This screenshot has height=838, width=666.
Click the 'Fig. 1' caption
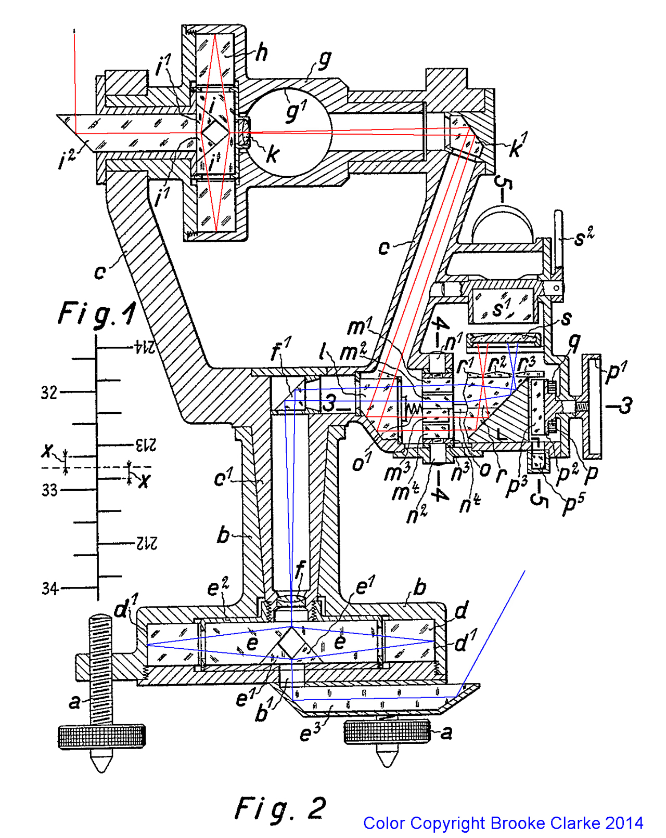point(96,313)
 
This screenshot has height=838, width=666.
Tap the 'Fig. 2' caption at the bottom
point(281,808)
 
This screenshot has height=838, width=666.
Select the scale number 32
point(49,392)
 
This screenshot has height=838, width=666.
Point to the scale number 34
point(50,588)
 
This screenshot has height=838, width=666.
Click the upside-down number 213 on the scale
point(146,445)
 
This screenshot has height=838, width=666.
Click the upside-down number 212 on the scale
point(147,543)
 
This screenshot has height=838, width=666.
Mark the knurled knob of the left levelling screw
point(101,737)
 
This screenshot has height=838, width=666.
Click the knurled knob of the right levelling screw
point(387,731)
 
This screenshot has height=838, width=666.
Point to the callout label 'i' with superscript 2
point(68,159)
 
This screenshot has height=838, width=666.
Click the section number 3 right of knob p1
point(626,405)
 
